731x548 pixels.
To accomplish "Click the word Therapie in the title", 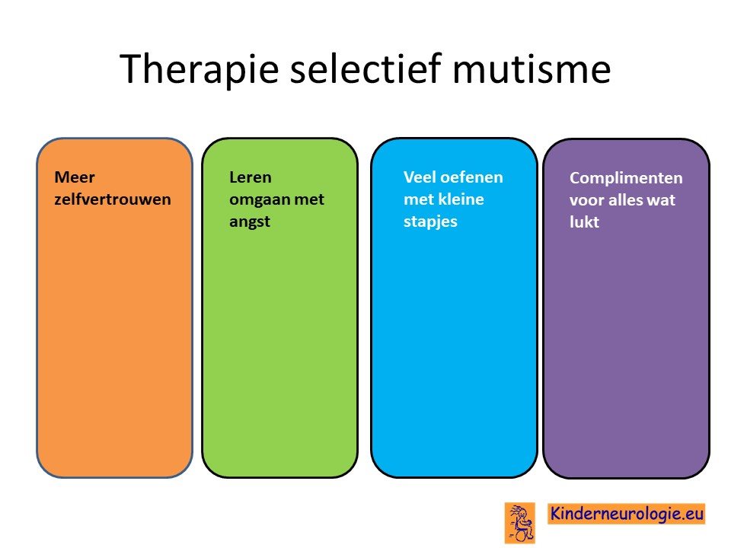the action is (x=199, y=70).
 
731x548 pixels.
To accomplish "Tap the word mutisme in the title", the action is (x=531, y=69).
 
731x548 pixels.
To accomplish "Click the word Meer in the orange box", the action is (x=75, y=177).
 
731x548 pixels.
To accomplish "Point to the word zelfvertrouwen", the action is (x=113, y=199).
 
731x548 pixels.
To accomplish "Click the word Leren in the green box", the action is (x=251, y=177).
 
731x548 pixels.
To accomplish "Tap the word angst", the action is (x=250, y=222).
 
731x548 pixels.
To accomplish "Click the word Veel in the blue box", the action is (x=420, y=177).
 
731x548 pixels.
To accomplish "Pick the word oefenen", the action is (x=472, y=177).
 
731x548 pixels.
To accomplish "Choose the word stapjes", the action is (x=430, y=221).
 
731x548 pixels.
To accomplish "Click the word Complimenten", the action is (x=626, y=178).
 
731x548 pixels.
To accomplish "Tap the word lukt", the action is (x=584, y=221).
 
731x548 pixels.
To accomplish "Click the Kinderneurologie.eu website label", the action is (x=626, y=514).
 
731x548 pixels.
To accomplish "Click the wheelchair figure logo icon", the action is (x=520, y=523).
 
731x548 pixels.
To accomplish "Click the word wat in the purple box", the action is (x=661, y=200).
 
